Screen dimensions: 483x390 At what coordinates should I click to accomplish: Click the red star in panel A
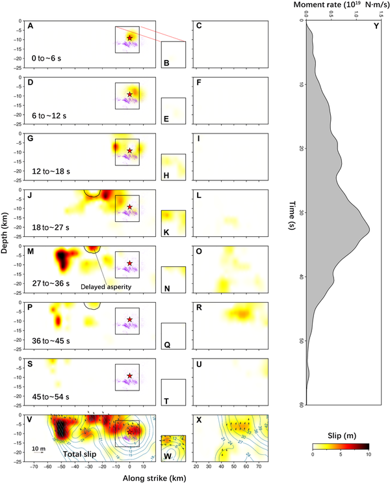pos(130,38)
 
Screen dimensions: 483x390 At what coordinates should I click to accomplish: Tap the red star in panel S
pos(130,376)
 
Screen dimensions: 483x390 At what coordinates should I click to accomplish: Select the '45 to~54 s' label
pos(53,396)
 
